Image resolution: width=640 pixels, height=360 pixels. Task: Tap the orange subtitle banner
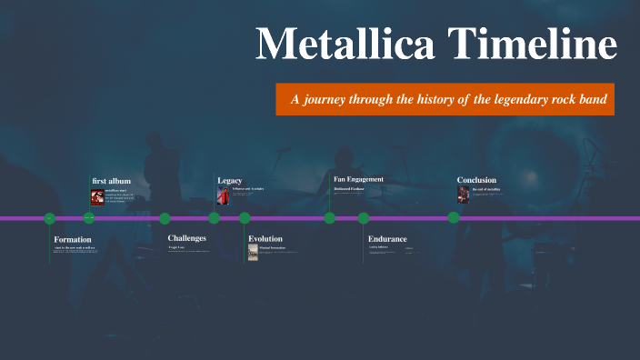445,98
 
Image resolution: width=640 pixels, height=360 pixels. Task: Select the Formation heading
73,240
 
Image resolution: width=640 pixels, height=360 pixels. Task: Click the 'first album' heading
112,181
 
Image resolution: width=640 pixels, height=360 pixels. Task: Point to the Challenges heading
187,238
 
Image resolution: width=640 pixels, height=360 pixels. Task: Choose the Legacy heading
230,180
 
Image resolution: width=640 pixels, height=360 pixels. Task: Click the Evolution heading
265,239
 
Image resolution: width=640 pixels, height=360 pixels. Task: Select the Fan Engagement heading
359,179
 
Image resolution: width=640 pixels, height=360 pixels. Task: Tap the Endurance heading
387,239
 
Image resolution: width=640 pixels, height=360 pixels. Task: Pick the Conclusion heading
476,180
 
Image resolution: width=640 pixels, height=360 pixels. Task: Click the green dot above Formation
50,218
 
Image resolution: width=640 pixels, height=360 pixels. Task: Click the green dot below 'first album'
89,218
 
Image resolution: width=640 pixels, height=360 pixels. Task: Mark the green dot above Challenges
165,218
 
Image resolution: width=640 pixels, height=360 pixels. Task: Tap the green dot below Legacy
214,218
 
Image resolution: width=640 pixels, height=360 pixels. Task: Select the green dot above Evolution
245,218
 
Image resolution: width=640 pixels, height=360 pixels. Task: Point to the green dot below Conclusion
453,218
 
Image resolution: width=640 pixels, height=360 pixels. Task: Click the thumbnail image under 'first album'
97,196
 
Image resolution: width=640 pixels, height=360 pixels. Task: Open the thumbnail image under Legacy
223,195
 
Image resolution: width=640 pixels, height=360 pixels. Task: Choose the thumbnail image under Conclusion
464,195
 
